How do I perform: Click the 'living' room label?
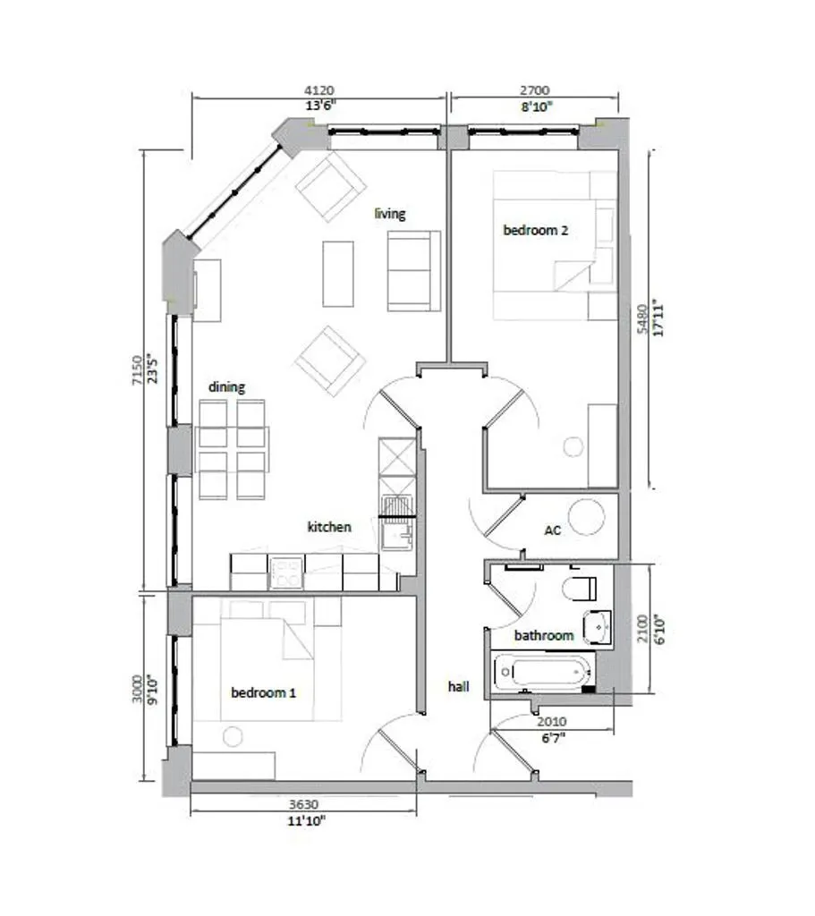[390, 214]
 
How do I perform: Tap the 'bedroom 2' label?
[535, 230]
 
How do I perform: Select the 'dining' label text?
[226, 386]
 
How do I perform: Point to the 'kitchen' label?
[329, 527]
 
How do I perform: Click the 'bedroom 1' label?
[264, 693]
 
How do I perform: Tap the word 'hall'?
[459, 686]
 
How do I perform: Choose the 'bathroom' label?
[544, 636]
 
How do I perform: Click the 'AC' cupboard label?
[553, 530]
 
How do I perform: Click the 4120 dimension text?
[319, 90]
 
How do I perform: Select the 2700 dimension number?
[535, 90]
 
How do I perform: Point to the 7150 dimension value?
[137, 369]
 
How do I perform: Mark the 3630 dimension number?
[304, 805]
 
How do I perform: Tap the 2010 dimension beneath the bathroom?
[551, 722]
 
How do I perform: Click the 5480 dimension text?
[642, 319]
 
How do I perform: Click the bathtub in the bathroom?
[543, 672]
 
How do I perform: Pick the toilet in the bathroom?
[580, 589]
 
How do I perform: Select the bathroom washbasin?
[597, 627]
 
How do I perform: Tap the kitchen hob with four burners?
[286, 573]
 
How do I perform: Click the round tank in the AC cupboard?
[586, 517]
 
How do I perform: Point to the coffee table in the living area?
[338, 274]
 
